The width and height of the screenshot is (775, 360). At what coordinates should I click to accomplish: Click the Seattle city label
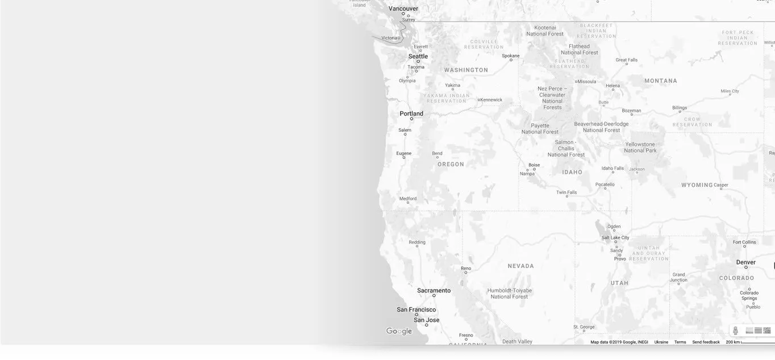click(x=418, y=56)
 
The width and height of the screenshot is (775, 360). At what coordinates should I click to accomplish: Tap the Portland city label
click(x=411, y=114)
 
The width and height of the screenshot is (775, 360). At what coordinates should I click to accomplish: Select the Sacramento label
click(x=434, y=291)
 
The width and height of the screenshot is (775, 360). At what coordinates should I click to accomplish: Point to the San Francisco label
click(x=416, y=309)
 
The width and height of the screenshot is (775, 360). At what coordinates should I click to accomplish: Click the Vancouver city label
click(x=403, y=9)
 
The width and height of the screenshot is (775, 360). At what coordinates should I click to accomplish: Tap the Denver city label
click(x=746, y=262)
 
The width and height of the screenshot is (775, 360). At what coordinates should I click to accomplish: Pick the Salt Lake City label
click(x=615, y=238)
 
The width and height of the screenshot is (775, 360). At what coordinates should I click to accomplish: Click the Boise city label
click(x=534, y=165)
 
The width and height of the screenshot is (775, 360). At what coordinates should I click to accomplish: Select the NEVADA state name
click(x=521, y=266)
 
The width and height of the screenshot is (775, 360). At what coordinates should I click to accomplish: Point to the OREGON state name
click(x=451, y=164)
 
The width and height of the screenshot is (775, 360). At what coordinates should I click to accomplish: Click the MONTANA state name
click(x=661, y=81)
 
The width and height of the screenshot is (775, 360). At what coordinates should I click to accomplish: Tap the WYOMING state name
click(x=697, y=185)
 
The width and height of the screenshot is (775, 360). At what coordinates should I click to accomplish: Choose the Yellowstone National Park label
click(x=640, y=148)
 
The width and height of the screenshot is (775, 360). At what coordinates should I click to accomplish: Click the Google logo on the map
click(x=399, y=332)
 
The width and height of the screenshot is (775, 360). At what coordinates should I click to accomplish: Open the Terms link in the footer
click(x=680, y=342)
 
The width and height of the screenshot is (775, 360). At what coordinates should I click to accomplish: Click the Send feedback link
click(x=706, y=342)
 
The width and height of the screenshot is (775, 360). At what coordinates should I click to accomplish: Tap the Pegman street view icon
click(x=735, y=330)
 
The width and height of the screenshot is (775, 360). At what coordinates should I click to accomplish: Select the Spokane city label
click(x=511, y=56)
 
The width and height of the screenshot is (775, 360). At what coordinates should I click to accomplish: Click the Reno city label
click(x=466, y=269)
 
